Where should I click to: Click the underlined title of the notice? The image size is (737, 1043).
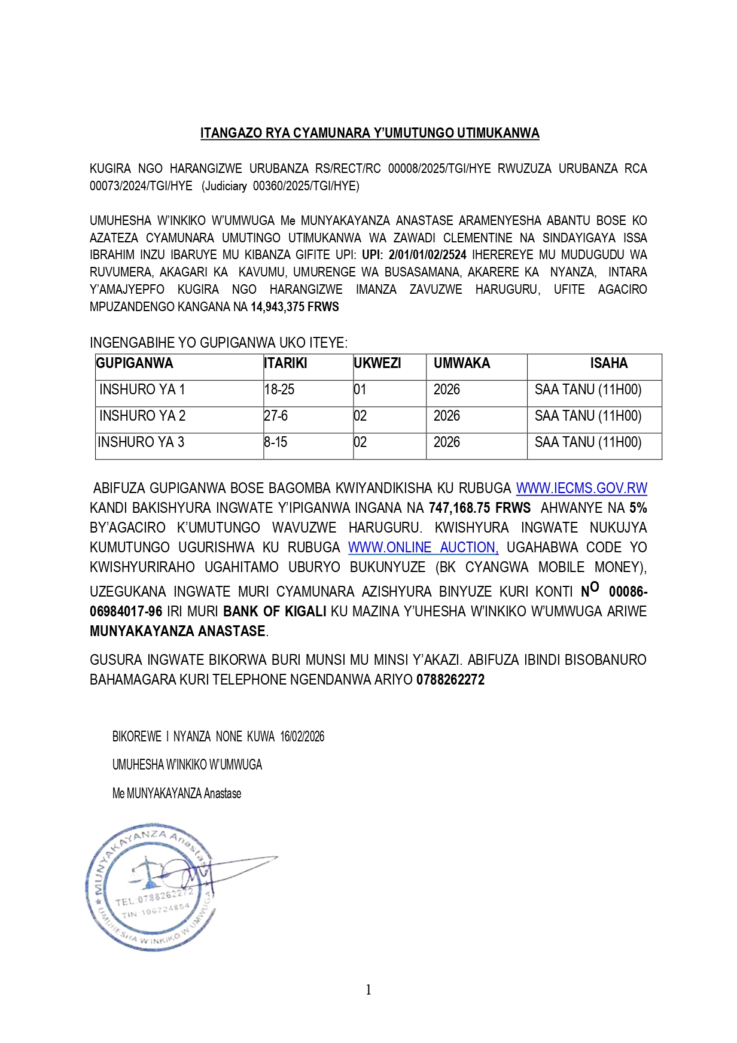click(369, 133)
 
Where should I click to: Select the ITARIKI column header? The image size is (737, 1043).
click(285, 363)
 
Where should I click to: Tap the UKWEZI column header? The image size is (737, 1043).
click(377, 363)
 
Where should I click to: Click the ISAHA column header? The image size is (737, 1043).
click(608, 363)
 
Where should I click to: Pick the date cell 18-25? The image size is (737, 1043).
click(279, 390)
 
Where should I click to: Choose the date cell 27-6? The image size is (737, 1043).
click(276, 416)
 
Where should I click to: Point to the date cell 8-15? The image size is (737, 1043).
click(276, 442)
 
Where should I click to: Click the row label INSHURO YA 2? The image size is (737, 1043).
click(142, 416)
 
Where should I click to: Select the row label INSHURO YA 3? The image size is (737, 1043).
click(141, 442)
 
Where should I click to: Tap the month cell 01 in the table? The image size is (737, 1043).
click(360, 390)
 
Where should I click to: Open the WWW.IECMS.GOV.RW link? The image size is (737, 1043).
click(581, 488)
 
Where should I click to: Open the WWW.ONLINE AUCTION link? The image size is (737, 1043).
click(423, 548)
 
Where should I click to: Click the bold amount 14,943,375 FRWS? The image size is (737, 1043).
click(295, 307)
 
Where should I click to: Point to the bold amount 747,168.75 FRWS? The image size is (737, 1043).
click(479, 508)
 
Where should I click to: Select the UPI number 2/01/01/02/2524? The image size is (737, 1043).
click(427, 255)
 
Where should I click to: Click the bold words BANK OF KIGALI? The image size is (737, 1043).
click(275, 612)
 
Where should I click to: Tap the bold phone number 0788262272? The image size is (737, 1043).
click(450, 680)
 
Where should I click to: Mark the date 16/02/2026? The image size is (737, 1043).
click(302, 737)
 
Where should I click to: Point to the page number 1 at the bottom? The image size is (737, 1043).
click(368, 990)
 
